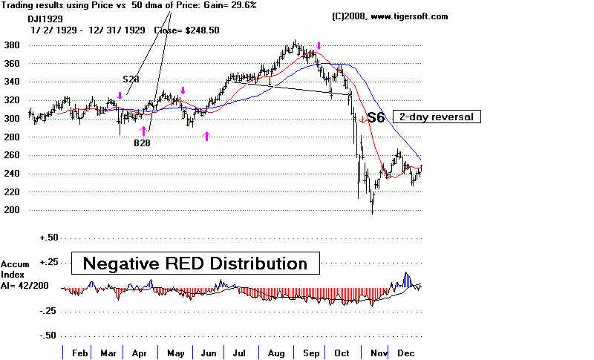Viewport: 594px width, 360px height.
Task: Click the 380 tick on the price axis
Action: (13, 45)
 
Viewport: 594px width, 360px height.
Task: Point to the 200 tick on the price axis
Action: (13, 210)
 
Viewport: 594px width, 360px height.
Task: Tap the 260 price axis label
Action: (13, 155)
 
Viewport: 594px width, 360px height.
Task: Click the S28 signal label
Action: (131, 78)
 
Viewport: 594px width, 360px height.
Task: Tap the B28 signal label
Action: (143, 143)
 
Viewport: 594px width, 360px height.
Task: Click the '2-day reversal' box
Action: (435, 117)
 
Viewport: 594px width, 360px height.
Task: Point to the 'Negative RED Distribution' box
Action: (195, 263)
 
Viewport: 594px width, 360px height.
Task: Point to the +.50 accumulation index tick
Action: (50, 238)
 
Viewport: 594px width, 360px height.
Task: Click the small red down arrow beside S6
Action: (362, 119)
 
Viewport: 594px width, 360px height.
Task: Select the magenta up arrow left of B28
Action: (143, 131)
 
